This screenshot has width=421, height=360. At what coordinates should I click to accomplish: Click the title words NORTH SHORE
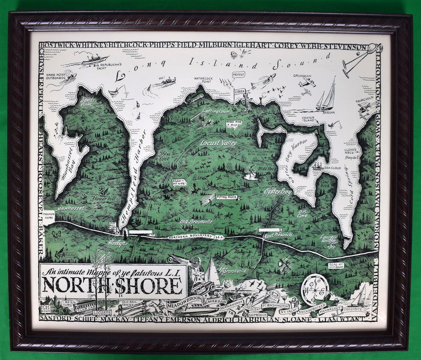tap(113, 286)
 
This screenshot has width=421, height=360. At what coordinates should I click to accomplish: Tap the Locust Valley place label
tap(218, 143)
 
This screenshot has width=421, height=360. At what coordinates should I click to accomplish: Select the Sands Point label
tap(87, 102)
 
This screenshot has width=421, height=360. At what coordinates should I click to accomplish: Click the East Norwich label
tap(278, 235)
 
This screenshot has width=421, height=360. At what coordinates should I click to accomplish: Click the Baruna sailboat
tap(326, 97)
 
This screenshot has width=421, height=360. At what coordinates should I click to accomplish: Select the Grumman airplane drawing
tap(307, 83)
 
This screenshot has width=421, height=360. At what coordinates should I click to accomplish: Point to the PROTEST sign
tap(238, 74)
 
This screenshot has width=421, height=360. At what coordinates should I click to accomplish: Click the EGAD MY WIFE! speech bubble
tap(180, 182)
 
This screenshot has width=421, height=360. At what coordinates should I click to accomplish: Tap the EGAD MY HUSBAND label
tap(336, 266)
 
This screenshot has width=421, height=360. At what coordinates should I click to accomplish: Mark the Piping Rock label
tap(227, 197)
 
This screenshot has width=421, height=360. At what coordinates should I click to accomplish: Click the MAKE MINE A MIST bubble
tap(234, 124)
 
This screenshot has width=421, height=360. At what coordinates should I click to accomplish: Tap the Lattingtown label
tap(216, 111)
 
